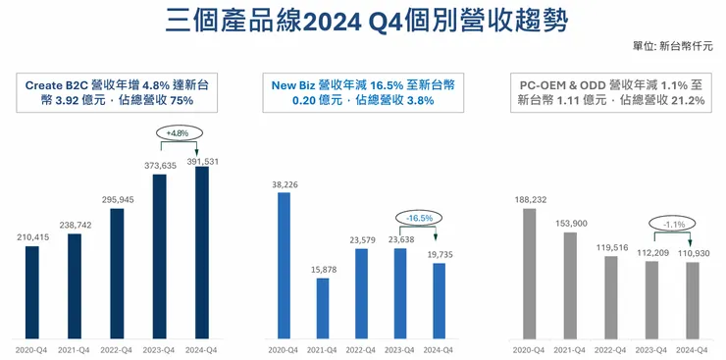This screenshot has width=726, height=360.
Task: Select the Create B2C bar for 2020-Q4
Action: tap(33, 290)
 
